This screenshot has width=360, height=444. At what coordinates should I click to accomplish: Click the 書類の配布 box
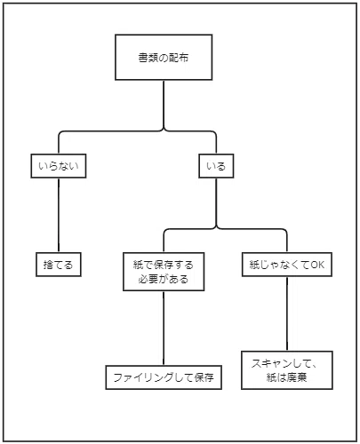point(164,57)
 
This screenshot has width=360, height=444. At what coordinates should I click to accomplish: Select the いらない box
point(59,166)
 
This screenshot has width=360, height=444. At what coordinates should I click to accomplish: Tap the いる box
point(216,166)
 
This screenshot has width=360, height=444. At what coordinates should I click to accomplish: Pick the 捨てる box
point(59,265)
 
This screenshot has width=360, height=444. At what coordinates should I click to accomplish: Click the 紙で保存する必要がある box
point(164,272)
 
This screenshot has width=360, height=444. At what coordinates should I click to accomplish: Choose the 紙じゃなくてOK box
point(287,265)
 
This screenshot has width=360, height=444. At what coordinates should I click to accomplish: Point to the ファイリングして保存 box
point(164,377)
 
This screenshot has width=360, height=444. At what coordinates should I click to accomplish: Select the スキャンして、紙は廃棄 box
point(287,370)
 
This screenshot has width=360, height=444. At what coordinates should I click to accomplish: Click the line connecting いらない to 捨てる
point(59,215)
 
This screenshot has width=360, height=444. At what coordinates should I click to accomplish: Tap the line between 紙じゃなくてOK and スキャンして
point(287,313)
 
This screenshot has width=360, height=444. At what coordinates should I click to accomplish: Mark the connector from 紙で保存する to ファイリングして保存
point(164,328)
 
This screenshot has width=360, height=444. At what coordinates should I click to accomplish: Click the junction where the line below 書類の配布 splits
point(164,131)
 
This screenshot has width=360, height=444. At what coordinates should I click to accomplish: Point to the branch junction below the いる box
point(216,228)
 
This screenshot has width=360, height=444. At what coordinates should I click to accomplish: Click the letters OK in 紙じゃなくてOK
point(317,265)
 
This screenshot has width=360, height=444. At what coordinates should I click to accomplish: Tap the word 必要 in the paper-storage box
point(148,279)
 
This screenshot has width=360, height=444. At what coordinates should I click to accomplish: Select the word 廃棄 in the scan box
point(297,377)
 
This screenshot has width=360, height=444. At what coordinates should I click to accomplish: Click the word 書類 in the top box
point(148,58)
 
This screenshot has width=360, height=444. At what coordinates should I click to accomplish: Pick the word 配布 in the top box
point(179,58)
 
